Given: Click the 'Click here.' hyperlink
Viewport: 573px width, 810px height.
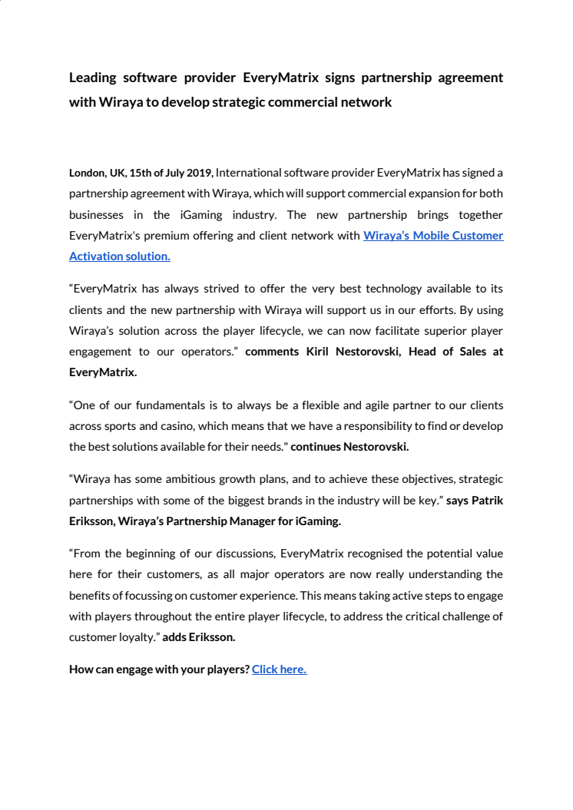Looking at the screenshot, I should (279, 669).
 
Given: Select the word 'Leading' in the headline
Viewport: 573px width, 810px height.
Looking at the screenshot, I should (93, 78).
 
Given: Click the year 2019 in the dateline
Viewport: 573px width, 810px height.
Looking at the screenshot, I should (198, 173).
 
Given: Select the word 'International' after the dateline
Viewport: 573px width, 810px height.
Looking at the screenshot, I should (248, 173).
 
